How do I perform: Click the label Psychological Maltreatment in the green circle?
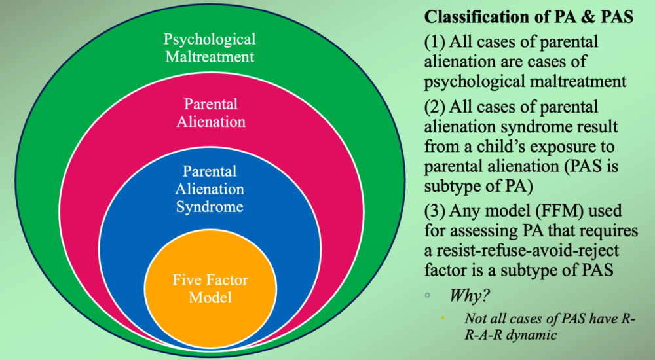pyautogui.click(x=210, y=48)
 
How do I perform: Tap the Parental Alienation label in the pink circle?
pyautogui.click(x=210, y=113)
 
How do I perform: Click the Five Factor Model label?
pyautogui.click(x=210, y=288)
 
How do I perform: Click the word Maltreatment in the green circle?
pyautogui.click(x=210, y=56)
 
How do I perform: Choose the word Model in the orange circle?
pyautogui.click(x=210, y=297)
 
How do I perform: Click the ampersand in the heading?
pyautogui.click(x=577, y=17)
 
